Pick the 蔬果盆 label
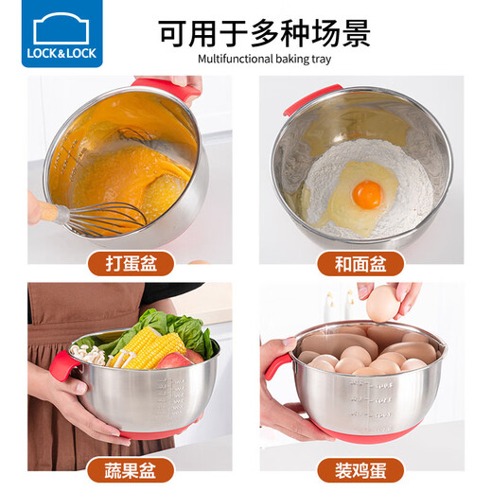[x=125, y=468]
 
